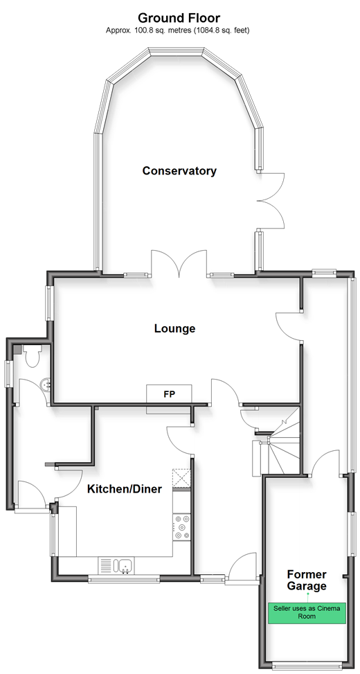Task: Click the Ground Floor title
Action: tap(179, 18)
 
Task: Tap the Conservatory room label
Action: tap(179, 170)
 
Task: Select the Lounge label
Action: tap(175, 329)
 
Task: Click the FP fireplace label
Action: tap(170, 393)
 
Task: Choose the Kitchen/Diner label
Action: tap(125, 489)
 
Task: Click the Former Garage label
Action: tap(307, 580)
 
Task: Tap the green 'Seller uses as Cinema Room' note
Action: tap(307, 613)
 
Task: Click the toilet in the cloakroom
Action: tap(33, 356)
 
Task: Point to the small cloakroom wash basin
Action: tap(46, 384)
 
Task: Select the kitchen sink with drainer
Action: tap(116, 565)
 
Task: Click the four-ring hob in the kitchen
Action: tap(181, 527)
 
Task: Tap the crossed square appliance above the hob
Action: tap(181, 478)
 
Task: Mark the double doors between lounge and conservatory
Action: tap(179, 263)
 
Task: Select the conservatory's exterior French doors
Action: tap(271, 200)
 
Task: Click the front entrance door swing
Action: tap(243, 568)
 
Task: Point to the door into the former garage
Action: tap(326, 463)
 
